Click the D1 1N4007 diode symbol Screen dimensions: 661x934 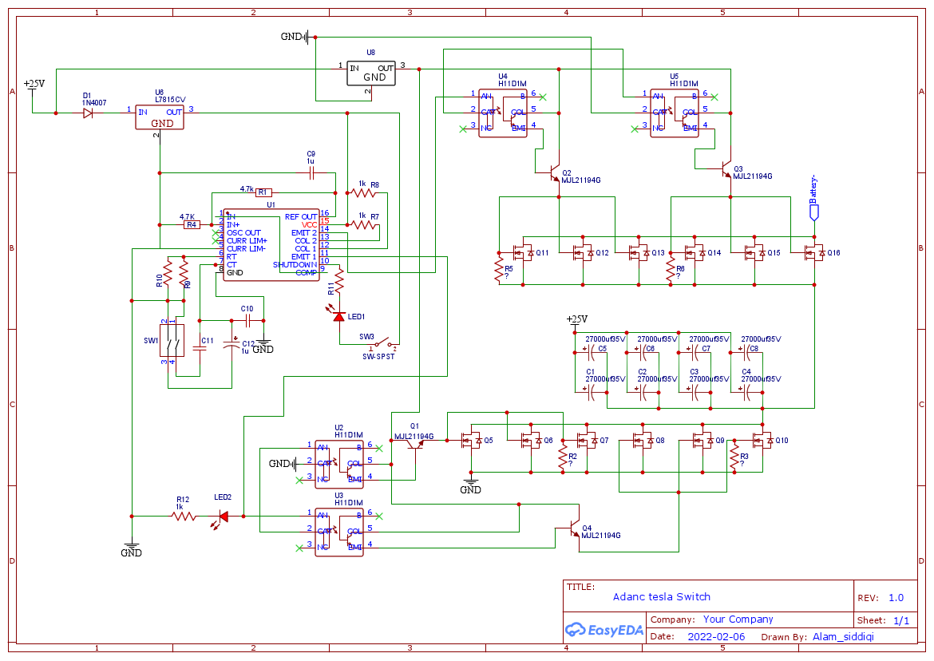tap(87, 113)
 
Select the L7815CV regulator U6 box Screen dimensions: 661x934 tap(160, 117)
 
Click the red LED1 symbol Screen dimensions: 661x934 tap(339, 316)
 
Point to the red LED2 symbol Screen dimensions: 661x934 tap(223, 517)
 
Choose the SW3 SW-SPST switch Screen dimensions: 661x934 tap(378, 344)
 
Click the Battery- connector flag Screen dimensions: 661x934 tap(814, 212)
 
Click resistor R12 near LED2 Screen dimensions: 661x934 tap(184, 517)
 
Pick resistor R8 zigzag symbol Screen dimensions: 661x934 tap(364, 192)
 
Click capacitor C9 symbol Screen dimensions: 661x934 tap(311, 172)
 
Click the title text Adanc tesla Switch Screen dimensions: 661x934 tap(661, 596)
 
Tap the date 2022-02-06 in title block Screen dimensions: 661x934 tap(716, 636)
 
